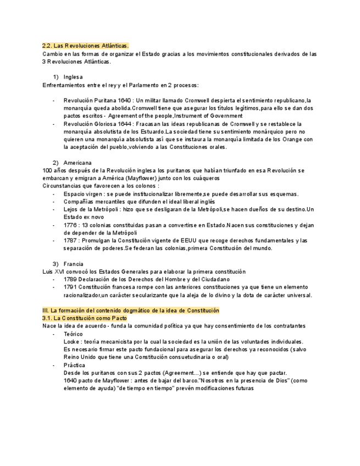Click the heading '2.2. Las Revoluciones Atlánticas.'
85,45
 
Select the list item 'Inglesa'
73,77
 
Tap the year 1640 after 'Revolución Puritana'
125,101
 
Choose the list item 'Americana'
77,163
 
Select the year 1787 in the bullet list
70,241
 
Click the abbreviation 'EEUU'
203,241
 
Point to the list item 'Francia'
73,264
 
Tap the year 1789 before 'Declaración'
70,279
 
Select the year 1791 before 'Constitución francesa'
70,287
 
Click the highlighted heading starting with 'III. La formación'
130,310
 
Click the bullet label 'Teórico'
73,334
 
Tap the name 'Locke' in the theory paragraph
72,341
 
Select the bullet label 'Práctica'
74,365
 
